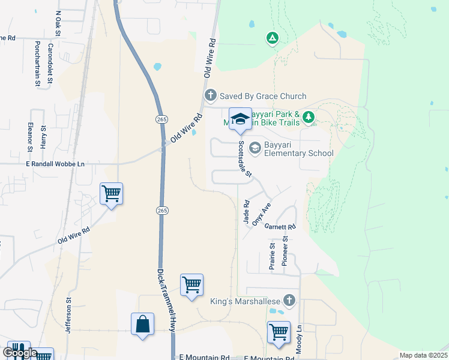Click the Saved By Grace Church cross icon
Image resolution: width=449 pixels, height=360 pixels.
click(x=210, y=95)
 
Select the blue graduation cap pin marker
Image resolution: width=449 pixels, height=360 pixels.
click(x=240, y=118)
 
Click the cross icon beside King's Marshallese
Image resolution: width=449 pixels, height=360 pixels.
click(x=289, y=301)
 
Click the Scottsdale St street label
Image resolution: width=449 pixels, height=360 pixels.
click(x=245, y=159)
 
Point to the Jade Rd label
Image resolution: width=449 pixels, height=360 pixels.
click(x=246, y=213)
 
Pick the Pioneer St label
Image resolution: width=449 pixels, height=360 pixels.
click(x=285, y=251)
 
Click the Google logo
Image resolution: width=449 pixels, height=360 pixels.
click(x=19, y=353)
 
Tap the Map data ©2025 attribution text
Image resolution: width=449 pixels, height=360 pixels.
click(x=423, y=355)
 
